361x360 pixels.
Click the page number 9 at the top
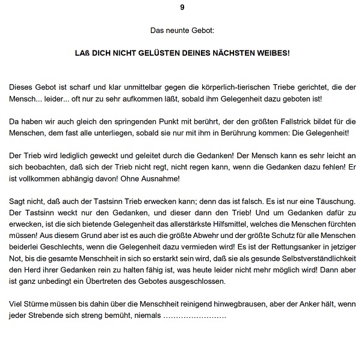click(x=182, y=7)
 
